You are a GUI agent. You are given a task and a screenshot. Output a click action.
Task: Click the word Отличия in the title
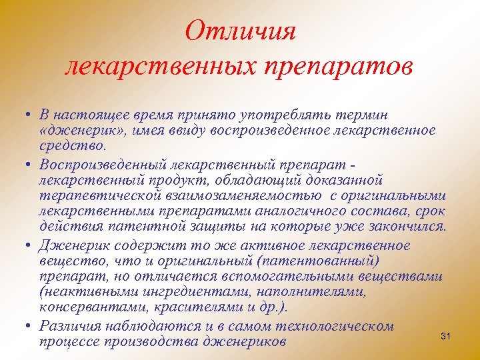point(240,31)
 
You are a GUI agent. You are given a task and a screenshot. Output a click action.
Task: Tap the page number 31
point(446,337)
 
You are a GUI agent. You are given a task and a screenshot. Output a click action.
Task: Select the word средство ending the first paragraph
point(71,145)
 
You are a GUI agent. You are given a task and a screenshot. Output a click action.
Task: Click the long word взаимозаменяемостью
point(241,195)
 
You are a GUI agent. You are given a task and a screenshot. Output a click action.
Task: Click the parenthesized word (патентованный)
point(323,260)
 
